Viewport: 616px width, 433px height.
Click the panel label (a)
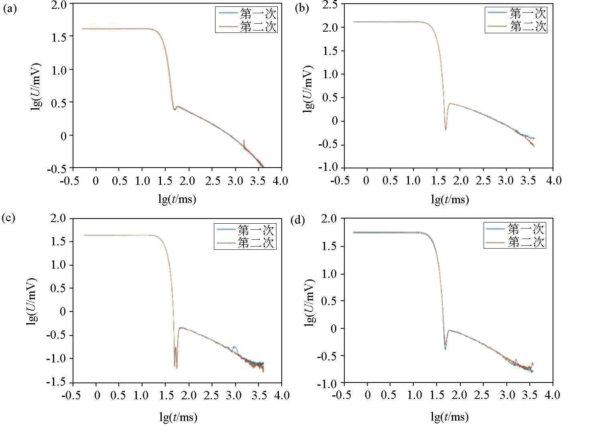[x=10, y=9]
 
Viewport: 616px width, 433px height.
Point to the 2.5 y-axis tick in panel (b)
[x=331, y=5]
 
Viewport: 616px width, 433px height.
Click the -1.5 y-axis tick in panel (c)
[x=58, y=382]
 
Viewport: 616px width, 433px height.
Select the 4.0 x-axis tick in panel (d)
[x=552, y=395]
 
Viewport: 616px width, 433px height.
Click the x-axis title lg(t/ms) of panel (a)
[x=177, y=199]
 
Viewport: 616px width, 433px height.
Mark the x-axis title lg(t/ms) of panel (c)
[x=178, y=417]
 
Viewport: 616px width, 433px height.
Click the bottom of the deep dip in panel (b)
[x=445, y=129]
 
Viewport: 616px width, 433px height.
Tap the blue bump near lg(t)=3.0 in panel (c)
[x=235, y=348]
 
